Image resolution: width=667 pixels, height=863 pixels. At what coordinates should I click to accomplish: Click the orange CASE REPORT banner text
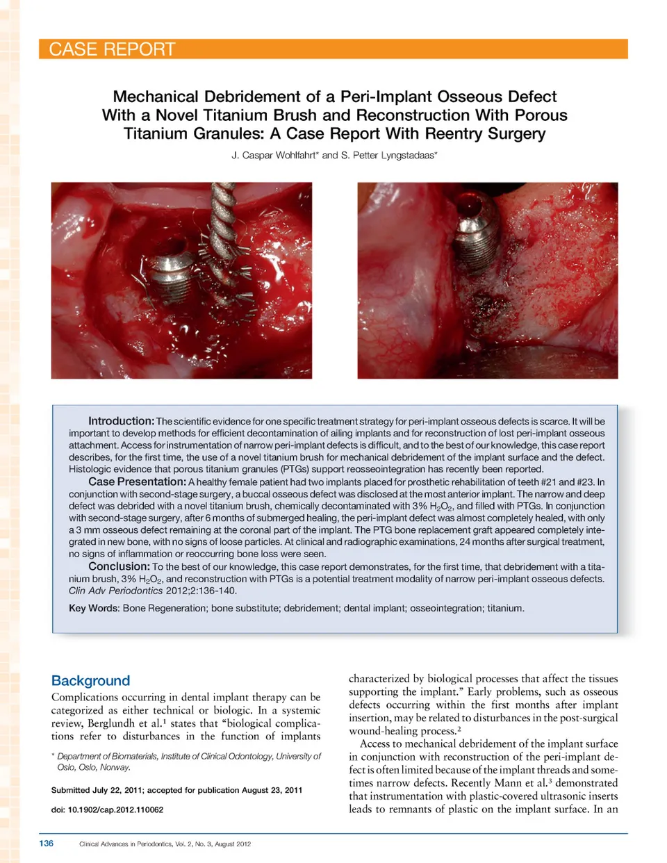point(112,49)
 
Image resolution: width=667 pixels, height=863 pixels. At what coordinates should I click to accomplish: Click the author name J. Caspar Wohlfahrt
point(274,155)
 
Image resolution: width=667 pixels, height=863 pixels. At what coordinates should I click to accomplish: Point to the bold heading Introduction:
point(121,421)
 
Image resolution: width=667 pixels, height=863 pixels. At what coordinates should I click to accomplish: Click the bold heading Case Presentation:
point(137,482)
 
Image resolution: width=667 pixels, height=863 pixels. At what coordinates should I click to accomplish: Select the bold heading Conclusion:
point(119,566)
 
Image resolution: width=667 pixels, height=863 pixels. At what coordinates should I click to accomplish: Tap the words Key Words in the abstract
point(94,608)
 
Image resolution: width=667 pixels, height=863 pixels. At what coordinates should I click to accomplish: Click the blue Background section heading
point(90,681)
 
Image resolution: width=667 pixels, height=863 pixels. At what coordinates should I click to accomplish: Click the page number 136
point(46,844)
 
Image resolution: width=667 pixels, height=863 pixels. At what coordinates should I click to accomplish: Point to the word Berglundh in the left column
point(111,723)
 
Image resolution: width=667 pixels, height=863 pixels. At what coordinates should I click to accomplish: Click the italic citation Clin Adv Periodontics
point(115,591)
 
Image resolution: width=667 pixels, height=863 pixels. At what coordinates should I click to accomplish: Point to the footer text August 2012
point(233,844)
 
